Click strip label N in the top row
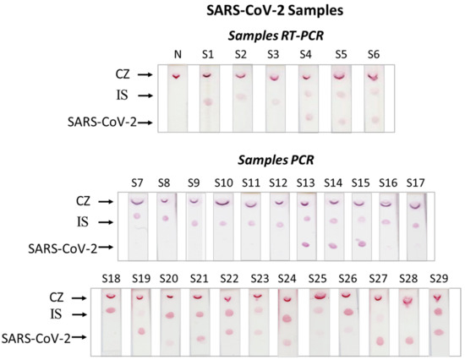pyautogui.click(x=178, y=55)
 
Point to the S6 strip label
pyautogui.click(x=373, y=55)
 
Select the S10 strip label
pyautogui.click(x=223, y=183)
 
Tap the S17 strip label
pyautogui.click(x=415, y=183)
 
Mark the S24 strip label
pyautogui.click(x=287, y=278)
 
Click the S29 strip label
pyautogui.click(x=438, y=278)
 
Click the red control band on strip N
pyautogui.click(x=178, y=76)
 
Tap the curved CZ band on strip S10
pyautogui.click(x=223, y=204)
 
